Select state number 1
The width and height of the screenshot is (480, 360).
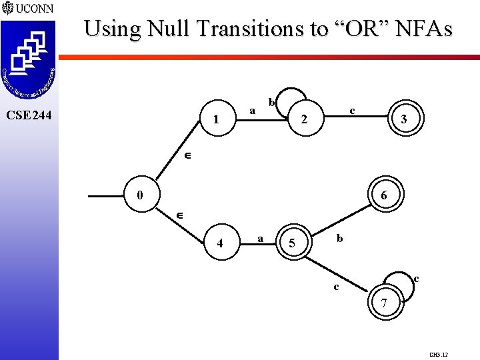[x=215, y=121]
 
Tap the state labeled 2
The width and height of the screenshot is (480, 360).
[x=303, y=121]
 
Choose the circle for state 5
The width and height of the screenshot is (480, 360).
[x=291, y=243]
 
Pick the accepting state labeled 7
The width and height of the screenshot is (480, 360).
[x=383, y=304]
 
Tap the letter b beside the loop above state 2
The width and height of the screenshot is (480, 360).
[x=271, y=103]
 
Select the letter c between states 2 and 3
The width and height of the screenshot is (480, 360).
[x=352, y=109]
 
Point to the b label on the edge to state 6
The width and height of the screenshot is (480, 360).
[x=339, y=238]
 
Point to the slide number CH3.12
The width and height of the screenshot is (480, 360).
[x=438, y=354]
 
